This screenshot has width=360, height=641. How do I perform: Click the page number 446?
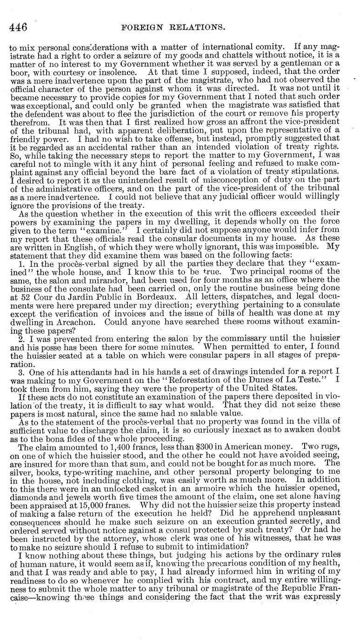(x=19, y=27)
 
